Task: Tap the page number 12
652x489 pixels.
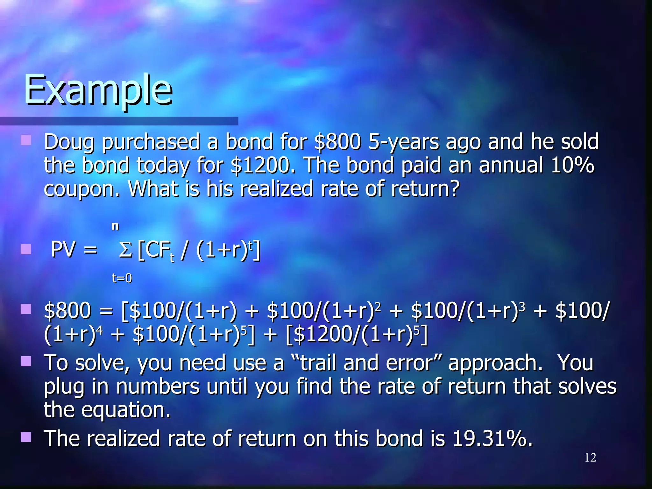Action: (590, 457)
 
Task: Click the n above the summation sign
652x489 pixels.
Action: (115, 226)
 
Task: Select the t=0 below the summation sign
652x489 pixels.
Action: (122, 278)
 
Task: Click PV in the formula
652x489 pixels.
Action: (64, 250)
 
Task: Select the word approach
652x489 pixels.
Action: (495, 364)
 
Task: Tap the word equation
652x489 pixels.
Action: (126, 410)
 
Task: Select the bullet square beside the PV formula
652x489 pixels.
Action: (25, 249)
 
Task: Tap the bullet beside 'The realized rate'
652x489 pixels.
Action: (25, 437)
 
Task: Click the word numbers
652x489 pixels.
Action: (158, 386)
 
